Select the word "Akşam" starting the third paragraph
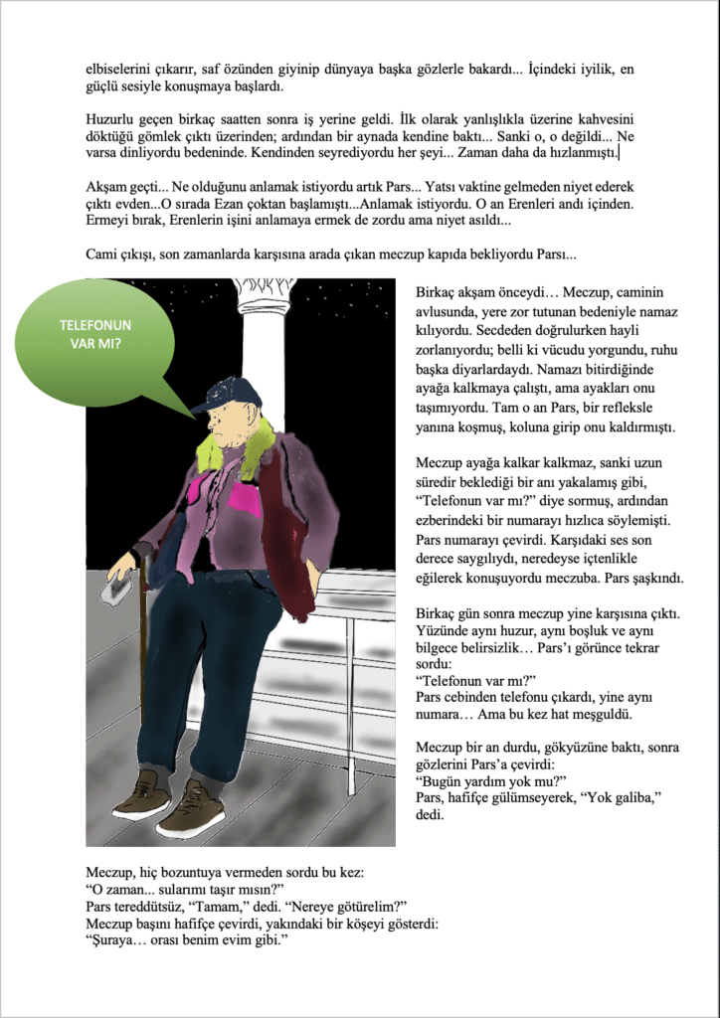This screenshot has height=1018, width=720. [110, 187]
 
